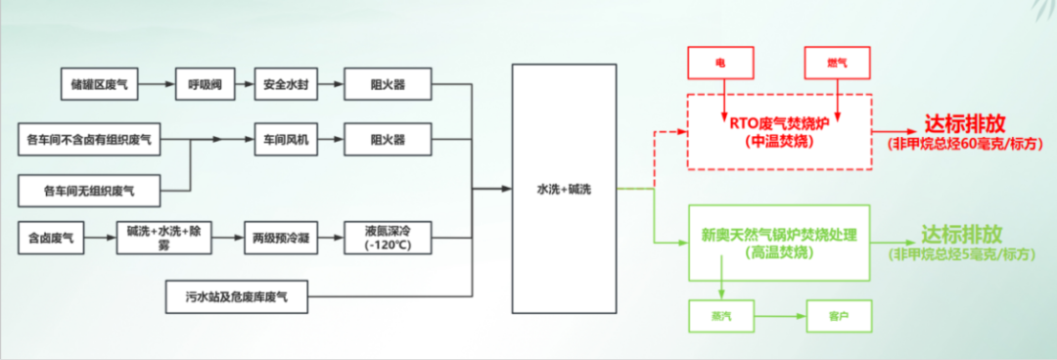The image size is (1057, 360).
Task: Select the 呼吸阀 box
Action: click(x=200, y=84)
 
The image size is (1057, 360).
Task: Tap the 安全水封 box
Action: click(x=286, y=84)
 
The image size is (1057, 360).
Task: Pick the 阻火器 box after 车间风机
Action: click(x=387, y=140)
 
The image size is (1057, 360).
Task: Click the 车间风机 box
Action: click(x=286, y=140)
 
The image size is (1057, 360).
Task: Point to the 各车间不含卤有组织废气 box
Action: click(x=90, y=140)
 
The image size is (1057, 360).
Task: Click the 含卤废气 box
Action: click(x=51, y=238)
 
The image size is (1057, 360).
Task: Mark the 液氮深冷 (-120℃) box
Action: click(x=387, y=238)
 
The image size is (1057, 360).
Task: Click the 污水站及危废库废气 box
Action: click(x=237, y=296)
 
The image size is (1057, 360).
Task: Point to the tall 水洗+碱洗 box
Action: click(x=565, y=189)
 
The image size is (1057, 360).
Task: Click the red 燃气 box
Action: click(x=837, y=62)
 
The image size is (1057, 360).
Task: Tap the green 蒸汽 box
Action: click(x=721, y=316)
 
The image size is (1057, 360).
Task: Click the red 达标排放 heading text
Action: click(x=965, y=123)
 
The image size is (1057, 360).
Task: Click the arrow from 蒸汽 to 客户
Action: click(x=780, y=316)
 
